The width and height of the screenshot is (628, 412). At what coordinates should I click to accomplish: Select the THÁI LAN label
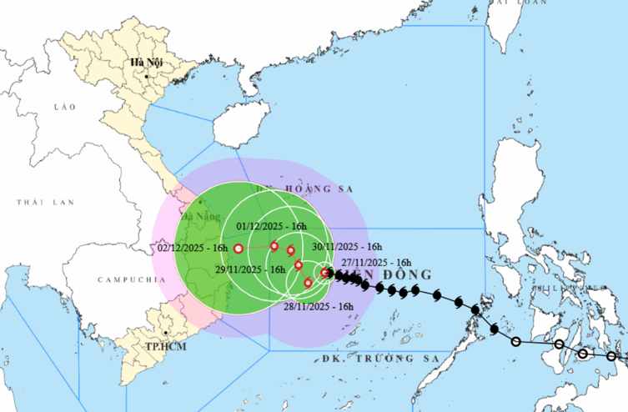pyautogui.click(x=45, y=202)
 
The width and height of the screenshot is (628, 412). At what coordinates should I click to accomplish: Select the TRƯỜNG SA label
pyautogui.click(x=392, y=359)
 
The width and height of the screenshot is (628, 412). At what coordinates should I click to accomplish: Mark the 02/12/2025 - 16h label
pyautogui.click(x=192, y=248)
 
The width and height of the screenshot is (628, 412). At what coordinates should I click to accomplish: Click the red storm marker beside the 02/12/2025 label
pyautogui.click(x=239, y=249)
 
